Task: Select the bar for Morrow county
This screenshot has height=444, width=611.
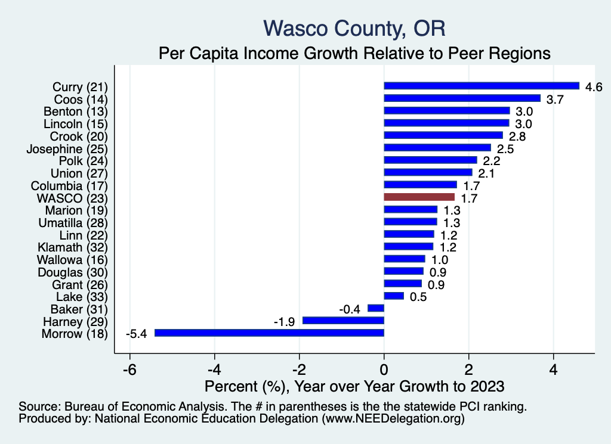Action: click(x=269, y=333)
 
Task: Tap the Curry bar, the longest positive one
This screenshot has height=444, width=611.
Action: click(x=482, y=86)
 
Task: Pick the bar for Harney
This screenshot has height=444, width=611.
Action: click(x=343, y=321)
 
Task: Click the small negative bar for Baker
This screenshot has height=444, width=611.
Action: click(x=376, y=308)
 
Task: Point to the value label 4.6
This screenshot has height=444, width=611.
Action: click(x=594, y=86)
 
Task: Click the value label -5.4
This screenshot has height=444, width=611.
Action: click(x=136, y=333)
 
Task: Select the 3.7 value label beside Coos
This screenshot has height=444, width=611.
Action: click(x=556, y=99)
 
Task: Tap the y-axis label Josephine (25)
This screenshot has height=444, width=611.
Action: click(x=67, y=148)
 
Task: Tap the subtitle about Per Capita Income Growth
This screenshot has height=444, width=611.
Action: click(x=354, y=54)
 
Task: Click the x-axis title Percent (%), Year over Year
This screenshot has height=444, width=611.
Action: click(x=354, y=386)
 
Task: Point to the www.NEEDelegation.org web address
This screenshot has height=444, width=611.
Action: click(x=393, y=419)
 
